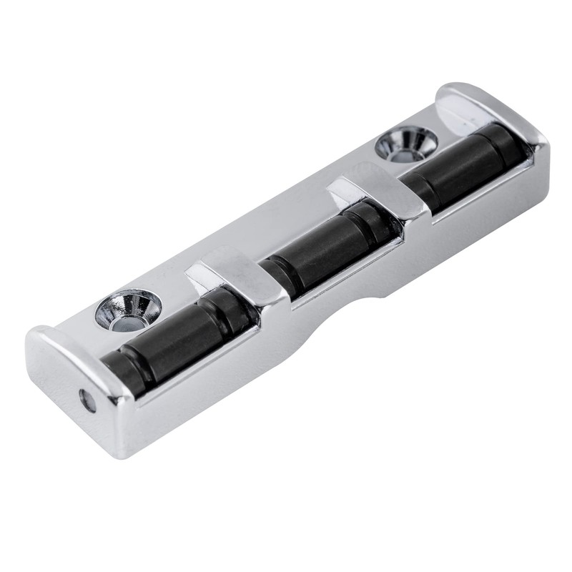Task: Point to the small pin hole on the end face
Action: [88, 400]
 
